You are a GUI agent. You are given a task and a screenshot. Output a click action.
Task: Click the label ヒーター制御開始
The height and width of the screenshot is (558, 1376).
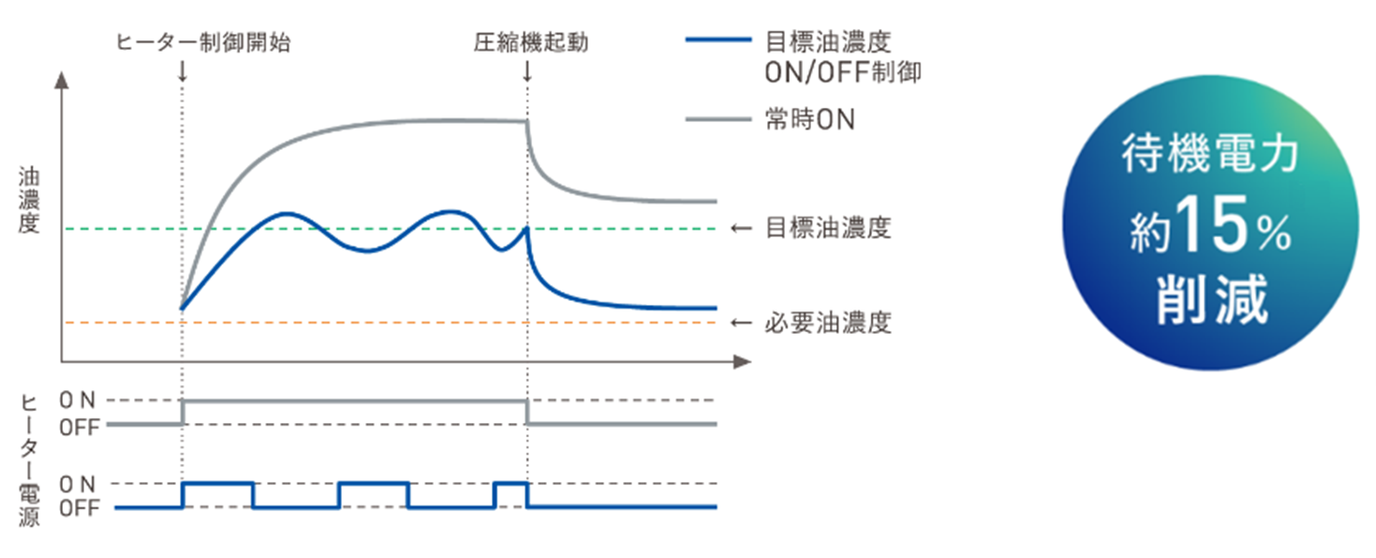(x=202, y=42)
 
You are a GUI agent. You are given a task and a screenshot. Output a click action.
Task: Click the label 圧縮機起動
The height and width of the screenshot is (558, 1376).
(x=530, y=42)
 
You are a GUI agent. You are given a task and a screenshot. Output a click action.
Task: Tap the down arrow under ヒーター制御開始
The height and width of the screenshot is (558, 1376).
(x=181, y=70)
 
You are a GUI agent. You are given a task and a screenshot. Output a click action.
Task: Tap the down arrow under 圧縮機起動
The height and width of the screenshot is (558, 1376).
(x=527, y=70)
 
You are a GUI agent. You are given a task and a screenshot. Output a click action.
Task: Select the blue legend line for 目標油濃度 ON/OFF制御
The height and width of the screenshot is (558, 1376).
(x=718, y=41)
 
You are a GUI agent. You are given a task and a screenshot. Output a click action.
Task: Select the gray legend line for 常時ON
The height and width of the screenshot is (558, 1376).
(x=718, y=119)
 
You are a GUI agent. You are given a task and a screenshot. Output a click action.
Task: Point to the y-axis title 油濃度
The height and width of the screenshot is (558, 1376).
(x=28, y=200)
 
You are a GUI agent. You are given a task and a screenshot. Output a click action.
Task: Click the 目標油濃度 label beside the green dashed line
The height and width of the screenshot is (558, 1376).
(x=827, y=228)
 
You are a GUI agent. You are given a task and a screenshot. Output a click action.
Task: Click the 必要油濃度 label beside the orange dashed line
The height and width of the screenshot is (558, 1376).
(x=827, y=324)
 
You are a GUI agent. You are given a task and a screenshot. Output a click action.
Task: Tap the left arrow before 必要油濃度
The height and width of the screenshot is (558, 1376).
(x=741, y=324)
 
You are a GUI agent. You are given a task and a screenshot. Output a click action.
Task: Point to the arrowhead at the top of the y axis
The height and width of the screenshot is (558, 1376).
(x=62, y=79)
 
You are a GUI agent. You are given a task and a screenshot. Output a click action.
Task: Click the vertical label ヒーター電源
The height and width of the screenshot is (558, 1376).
(x=29, y=459)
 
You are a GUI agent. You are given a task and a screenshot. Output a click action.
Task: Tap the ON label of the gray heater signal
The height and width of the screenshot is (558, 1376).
(x=77, y=400)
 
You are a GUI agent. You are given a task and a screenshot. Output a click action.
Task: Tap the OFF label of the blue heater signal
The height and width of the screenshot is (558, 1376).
(x=79, y=508)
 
